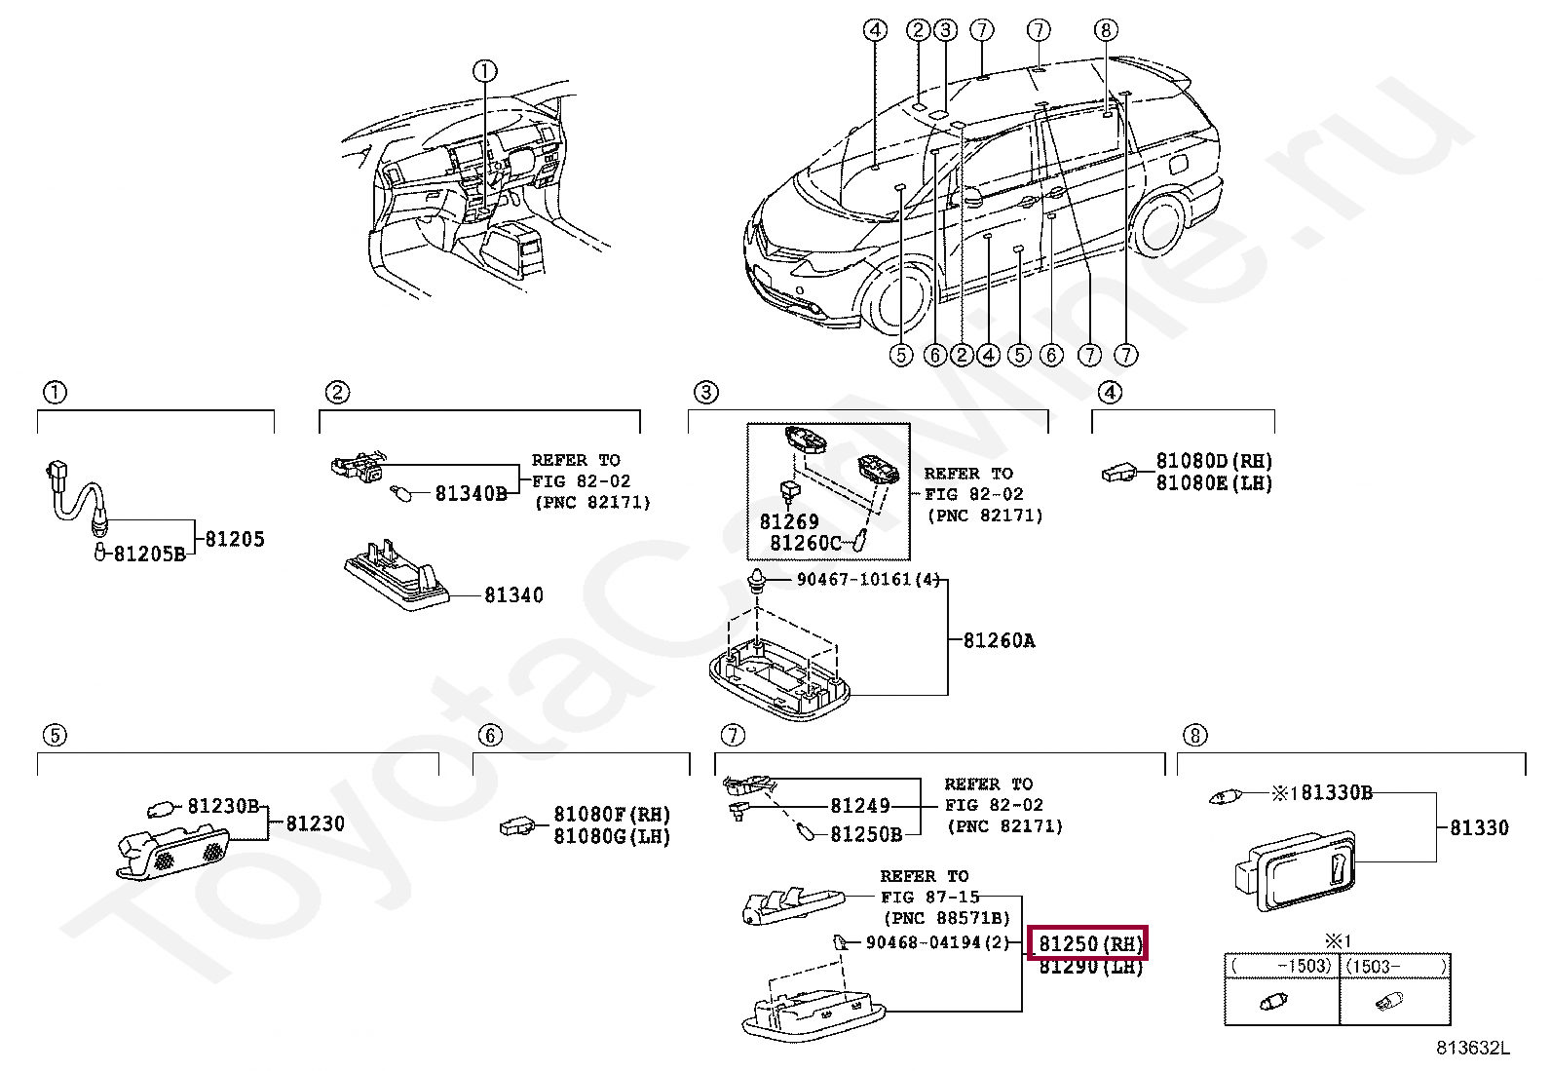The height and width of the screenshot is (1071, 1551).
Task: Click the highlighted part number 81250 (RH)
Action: point(1088,943)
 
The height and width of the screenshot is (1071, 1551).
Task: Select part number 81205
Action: point(235,539)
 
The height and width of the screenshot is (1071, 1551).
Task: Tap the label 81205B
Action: point(149,554)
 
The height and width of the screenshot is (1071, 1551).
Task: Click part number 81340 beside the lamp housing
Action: point(513,594)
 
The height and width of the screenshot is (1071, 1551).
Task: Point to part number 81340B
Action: point(471,493)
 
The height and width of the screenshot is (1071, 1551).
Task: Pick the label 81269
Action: point(789,521)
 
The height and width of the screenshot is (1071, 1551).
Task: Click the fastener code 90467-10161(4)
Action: point(868,579)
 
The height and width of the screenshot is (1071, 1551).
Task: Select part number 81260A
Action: point(999,640)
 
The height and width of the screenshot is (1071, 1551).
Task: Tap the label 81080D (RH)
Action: point(1214,460)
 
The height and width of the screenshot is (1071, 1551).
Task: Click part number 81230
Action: point(315,823)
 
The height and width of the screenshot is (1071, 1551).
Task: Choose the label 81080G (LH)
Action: point(612,836)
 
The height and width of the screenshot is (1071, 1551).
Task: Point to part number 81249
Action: point(859,805)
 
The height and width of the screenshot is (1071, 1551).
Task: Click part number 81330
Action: point(1479,827)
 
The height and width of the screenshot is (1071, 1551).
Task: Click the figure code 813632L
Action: point(1472,1049)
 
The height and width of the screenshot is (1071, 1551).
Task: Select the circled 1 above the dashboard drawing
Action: point(485,70)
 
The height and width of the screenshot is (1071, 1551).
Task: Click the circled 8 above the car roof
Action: point(1105,29)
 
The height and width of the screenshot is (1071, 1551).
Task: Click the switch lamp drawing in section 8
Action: point(1297,868)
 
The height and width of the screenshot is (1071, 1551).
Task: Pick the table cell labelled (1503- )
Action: point(1395,966)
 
